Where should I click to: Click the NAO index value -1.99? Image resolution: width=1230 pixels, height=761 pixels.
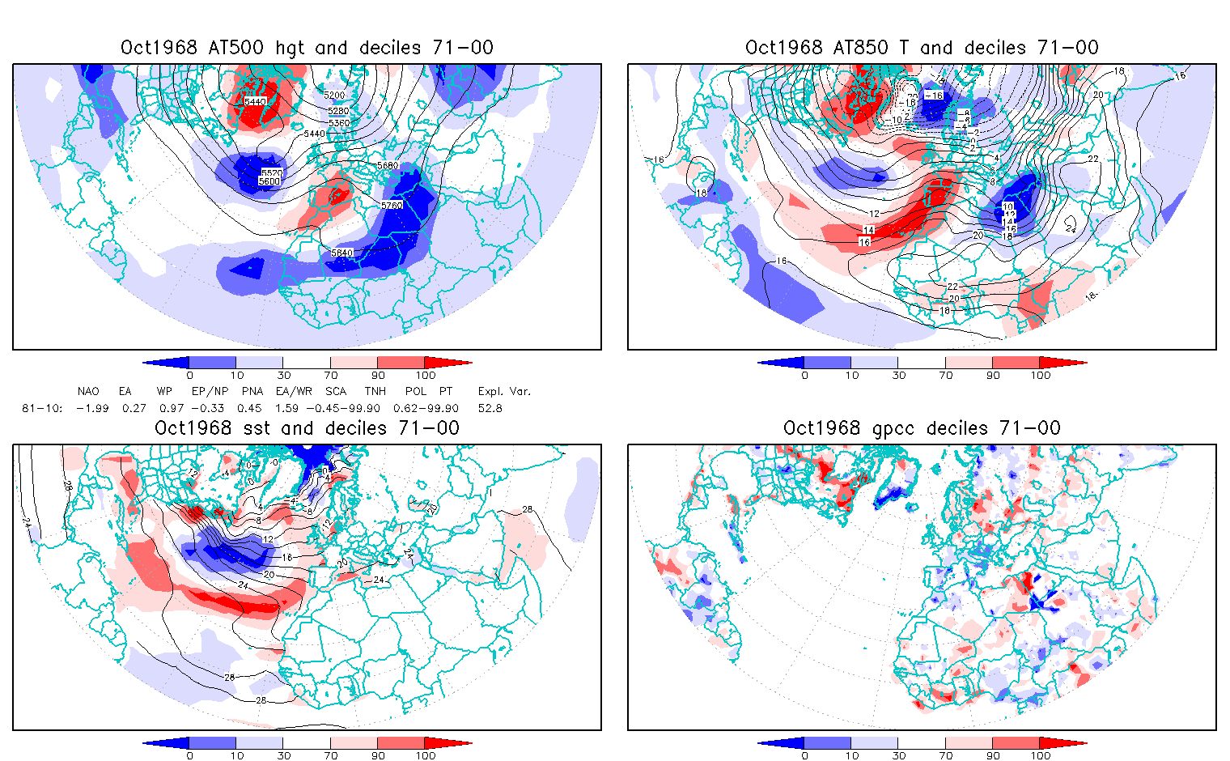pyautogui.click(x=92, y=408)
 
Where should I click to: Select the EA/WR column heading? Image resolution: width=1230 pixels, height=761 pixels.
pyautogui.click(x=294, y=391)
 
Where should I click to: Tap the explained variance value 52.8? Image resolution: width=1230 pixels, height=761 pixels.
pyautogui.click(x=490, y=408)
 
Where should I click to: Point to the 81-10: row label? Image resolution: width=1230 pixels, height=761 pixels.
pyautogui.click(x=41, y=408)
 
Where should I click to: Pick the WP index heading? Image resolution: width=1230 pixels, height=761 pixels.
pyautogui.click(x=164, y=391)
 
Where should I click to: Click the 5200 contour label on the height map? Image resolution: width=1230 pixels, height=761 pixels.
pyautogui.click(x=333, y=96)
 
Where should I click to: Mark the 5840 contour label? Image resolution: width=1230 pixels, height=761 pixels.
pyautogui.click(x=341, y=253)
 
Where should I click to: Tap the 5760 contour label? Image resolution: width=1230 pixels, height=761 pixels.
pyautogui.click(x=392, y=206)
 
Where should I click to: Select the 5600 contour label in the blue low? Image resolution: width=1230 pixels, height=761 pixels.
pyautogui.click(x=269, y=181)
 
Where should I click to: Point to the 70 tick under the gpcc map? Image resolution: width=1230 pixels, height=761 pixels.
pyautogui.click(x=945, y=755)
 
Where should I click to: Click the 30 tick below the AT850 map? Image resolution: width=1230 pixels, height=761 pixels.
pyautogui.click(x=898, y=375)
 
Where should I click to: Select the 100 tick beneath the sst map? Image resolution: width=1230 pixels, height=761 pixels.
pyautogui.click(x=426, y=755)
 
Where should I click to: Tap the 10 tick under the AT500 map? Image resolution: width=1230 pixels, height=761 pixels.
pyautogui.click(x=236, y=375)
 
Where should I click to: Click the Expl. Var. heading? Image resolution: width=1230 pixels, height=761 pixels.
pyautogui.click(x=504, y=391)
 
